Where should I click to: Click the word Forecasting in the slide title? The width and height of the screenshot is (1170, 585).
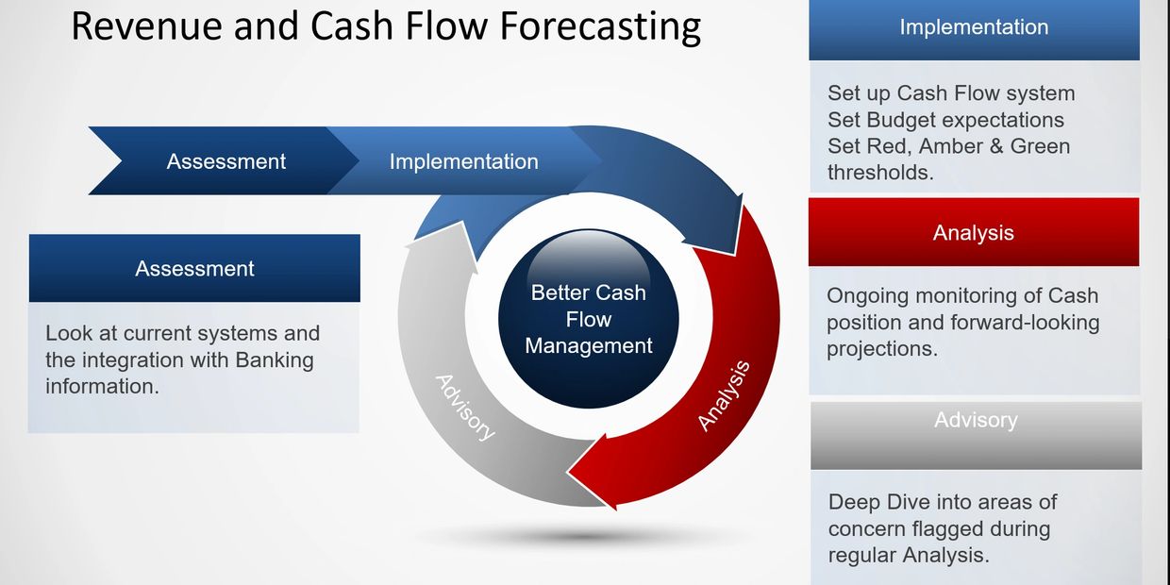coord(599,26)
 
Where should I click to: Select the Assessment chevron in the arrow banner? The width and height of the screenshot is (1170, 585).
coord(226,161)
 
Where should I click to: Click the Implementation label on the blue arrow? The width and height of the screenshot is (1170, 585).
coord(463,161)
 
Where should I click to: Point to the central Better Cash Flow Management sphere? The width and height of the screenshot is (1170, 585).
coord(588,319)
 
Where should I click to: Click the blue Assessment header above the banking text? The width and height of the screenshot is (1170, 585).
coord(194,268)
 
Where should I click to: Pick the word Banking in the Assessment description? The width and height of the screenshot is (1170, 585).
coord(275,359)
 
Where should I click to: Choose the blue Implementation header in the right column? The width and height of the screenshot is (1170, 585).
coord(974,27)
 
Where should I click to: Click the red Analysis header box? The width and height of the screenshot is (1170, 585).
coord(974,232)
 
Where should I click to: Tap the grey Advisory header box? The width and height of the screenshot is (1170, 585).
coord(976,420)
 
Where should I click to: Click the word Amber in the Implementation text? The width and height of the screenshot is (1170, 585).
coord(949,146)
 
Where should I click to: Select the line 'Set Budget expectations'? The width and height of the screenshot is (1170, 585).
coord(945,120)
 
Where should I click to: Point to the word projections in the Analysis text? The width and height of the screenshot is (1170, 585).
coord(881,348)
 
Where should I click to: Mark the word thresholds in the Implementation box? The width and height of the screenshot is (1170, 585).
coord(880,173)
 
